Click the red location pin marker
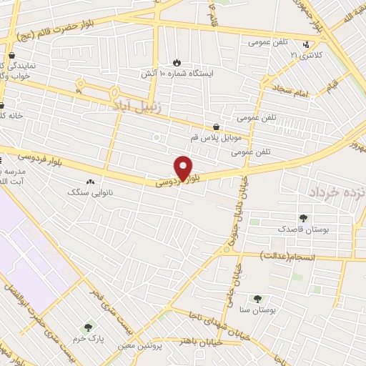[184, 169]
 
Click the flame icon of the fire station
[178, 61]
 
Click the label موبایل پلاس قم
[217, 137]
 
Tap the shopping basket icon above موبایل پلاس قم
[217, 126]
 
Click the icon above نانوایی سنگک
[90, 182]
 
